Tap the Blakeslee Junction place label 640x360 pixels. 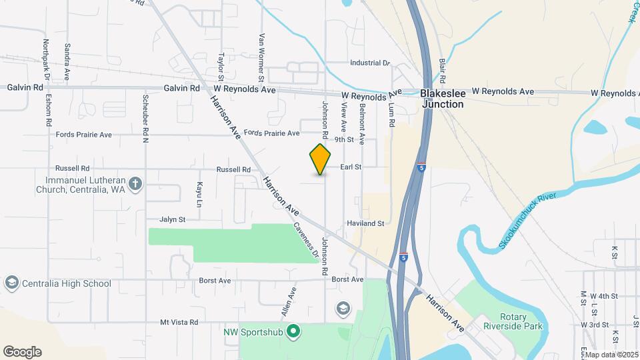pyautogui.click(x=442, y=99)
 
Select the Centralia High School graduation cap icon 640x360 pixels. pyautogui.click(x=11, y=283)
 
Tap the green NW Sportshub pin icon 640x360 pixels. pyautogui.click(x=292, y=331)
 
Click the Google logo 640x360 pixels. pyautogui.click(x=22, y=351)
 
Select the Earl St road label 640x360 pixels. pyautogui.click(x=351, y=167)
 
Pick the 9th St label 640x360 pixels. pyautogui.click(x=344, y=140)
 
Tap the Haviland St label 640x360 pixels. pyautogui.click(x=365, y=223)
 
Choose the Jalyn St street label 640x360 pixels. pyautogui.click(x=172, y=219)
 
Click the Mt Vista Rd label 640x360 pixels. pyautogui.click(x=179, y=322)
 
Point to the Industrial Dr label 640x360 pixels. pyautogui.click(x=370, y=63)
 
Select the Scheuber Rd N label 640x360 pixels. pyautogui.click(x=145, y=119)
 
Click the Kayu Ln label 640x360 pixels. pyautogui.click(x=199, y=193)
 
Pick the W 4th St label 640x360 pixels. pyautogui.click(x=604, y=295)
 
